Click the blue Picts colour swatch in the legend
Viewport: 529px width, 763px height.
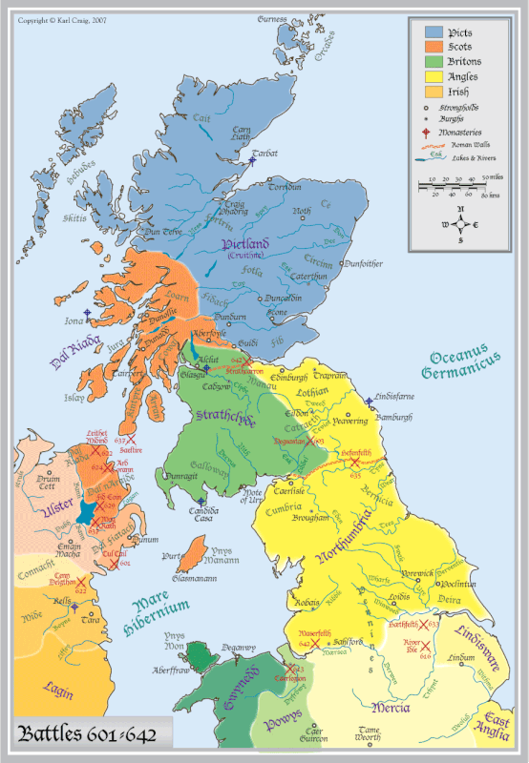(x=432, y=32)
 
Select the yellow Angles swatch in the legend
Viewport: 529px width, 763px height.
(x=432, y=76)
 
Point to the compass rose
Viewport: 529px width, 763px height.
(x=460, y=224)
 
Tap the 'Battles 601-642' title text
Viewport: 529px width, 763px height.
(x=80, y=735)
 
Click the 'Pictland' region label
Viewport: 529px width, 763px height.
(x=247, y=245)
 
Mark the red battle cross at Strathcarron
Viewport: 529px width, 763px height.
(x=247, y=362)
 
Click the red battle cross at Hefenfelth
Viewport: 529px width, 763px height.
(x=355, y=463)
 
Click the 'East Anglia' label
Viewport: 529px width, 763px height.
(x=502, y=727)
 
